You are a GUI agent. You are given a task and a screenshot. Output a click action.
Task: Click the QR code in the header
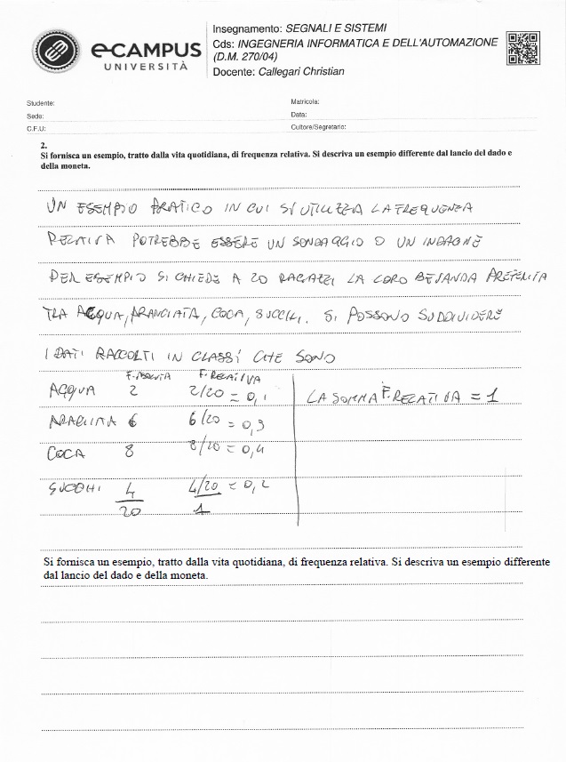522,48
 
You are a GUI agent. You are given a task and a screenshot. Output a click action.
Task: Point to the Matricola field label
305,103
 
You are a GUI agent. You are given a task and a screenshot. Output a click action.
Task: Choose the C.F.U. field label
36,128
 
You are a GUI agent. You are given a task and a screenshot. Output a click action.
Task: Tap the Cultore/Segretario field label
318,128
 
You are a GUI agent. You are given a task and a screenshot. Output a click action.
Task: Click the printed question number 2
43,143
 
